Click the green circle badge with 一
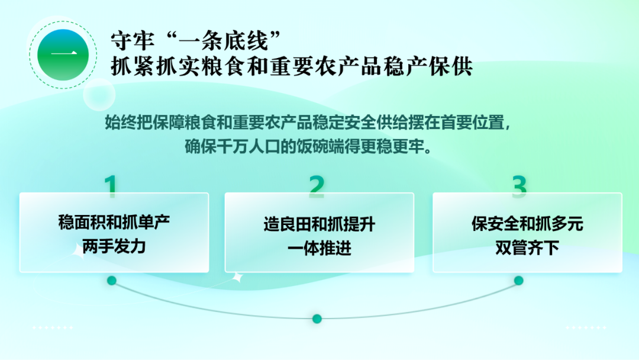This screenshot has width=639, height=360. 63,54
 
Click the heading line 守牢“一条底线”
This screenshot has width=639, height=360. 196,40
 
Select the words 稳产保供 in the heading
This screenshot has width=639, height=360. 428,66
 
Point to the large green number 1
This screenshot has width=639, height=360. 111,186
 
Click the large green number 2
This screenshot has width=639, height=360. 317,187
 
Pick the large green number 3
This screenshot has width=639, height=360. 519,187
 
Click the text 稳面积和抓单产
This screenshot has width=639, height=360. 114,222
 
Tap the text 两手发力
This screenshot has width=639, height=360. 114,246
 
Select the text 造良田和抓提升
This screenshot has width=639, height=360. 319,224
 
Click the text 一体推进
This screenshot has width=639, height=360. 319,248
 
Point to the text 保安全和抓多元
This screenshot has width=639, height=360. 527,224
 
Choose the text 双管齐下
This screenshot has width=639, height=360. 527,247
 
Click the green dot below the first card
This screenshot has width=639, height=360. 112,281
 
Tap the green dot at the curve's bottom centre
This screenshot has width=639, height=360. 317,319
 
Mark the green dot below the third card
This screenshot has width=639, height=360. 519,281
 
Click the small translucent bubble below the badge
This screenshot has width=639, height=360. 99,95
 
